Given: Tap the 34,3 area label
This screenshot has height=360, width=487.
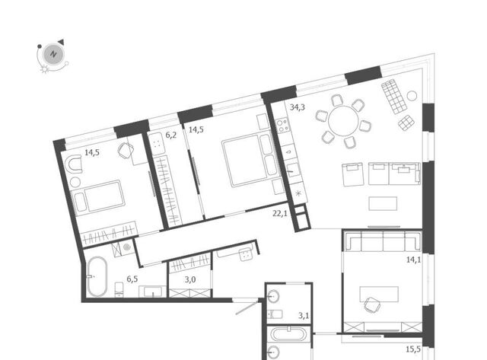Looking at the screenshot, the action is click(298, 107).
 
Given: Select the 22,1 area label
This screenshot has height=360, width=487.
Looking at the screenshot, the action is click(280, 214).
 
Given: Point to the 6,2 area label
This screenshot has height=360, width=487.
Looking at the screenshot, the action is click(170, 135).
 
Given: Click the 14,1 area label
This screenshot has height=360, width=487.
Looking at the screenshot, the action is click(414, 260).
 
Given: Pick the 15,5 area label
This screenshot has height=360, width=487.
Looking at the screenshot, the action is click(413, 349).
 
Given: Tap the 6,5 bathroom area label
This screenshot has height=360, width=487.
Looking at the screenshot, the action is click(132, 279).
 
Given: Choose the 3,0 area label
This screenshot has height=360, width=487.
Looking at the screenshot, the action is click(190, 279).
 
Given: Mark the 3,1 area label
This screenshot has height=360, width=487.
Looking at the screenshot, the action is click(304, 316).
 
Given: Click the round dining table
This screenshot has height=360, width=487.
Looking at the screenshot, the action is click(343, 121).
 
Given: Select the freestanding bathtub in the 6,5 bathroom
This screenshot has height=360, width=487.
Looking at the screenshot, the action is click(97, 276).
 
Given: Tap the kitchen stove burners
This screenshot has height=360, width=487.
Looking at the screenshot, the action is click(282, 126).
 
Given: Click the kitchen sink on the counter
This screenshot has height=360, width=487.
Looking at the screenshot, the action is click(293, 169).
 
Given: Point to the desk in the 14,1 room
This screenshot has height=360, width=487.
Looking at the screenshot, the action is click(379, 294).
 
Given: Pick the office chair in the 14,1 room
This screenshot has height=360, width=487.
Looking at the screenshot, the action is click(372, 304).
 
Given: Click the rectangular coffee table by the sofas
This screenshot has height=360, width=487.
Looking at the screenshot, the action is click(383, 203).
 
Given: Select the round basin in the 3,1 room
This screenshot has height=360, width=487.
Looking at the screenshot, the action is click(274, 296).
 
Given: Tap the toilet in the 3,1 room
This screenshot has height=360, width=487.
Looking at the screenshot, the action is click(275, 314).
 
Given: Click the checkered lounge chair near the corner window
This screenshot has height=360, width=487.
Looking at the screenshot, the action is click(394, 97).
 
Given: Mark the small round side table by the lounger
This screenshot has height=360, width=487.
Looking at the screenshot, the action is click(412, 96).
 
